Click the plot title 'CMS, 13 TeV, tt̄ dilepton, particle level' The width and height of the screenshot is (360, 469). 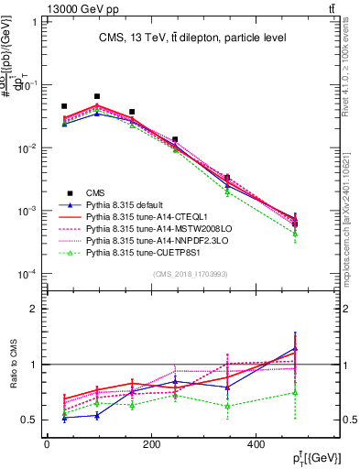click(192, 38)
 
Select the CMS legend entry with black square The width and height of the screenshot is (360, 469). click(95, 192)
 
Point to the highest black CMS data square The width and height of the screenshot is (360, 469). click(97, 96)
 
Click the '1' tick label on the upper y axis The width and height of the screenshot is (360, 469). click(34, 21)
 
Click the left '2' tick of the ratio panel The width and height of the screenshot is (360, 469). click(34, 309)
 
